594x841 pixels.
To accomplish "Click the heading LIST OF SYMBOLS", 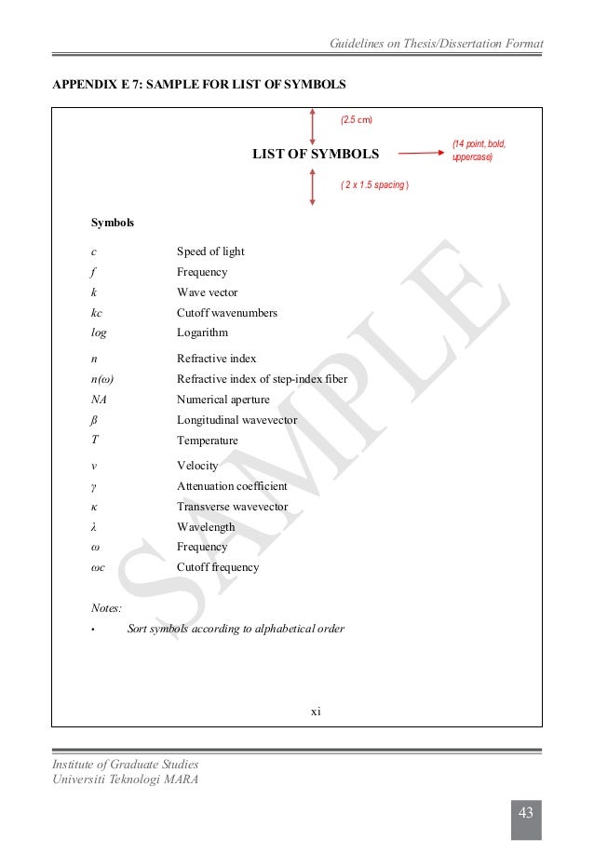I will tap(316, 154).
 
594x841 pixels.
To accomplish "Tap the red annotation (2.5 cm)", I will tap(357, 120).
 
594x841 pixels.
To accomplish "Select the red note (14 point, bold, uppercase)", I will tap(479, 150).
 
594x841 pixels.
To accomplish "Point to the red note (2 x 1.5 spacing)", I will tap(374, 185).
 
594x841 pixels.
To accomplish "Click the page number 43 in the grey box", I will tap(525, 814).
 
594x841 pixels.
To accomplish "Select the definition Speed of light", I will tap(210, 251).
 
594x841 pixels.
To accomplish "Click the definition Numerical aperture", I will tap(223, 400).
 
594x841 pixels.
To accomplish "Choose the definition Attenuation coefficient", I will tap(232, 486).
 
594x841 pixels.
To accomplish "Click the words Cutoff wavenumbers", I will tap(227, 313).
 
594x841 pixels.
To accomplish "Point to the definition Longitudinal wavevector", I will tap(237, 420).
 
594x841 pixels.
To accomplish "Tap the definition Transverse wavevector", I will tap(232, 507).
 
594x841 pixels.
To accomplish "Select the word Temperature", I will tap(208, 441).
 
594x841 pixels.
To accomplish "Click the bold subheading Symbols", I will tap(112, 224).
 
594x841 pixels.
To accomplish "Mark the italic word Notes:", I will tap(106, 608).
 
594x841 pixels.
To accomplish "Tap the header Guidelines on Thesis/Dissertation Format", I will tap(437, 45).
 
